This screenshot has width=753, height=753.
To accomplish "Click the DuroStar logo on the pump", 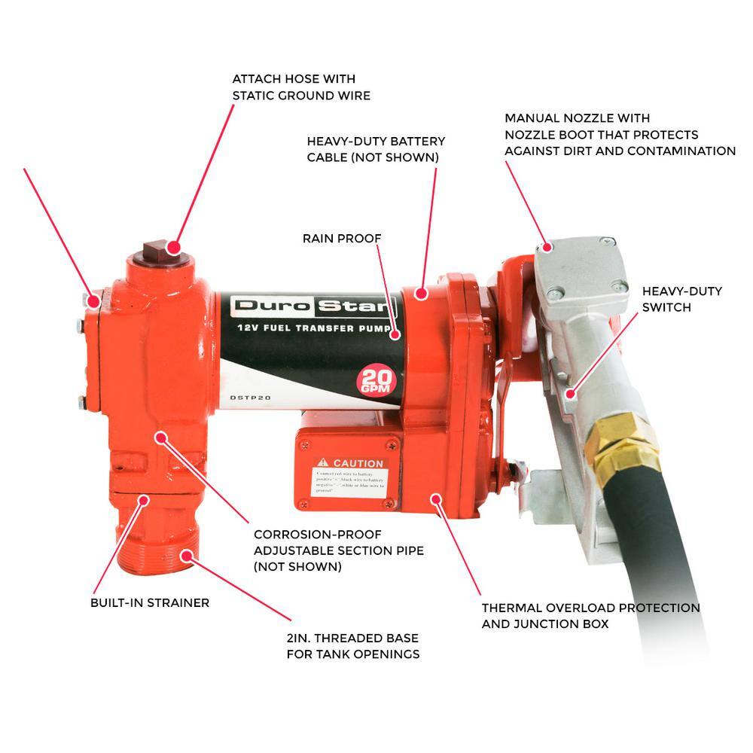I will (x=313, y=306).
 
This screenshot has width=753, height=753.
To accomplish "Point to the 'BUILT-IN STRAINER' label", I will (x=151, y=602).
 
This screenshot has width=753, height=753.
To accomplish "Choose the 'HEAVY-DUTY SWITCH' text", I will (x=681, y=299).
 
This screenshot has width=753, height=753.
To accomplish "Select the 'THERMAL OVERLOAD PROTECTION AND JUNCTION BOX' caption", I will (x=590, y=615).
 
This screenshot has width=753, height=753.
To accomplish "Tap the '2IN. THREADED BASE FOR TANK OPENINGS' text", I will (x=352, y=645).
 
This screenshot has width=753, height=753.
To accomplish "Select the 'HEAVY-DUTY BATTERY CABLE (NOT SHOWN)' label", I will (x=376, y=149).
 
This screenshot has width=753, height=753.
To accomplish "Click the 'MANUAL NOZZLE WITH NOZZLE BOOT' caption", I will (x=619, y=135).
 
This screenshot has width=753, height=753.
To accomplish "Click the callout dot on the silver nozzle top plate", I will (x=547, y=246).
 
